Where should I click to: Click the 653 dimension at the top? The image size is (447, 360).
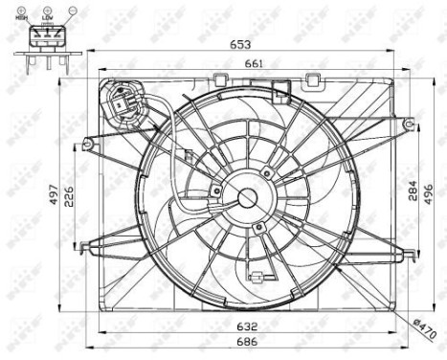click(x=251, y=45)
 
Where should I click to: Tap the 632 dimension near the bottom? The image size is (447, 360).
click(x=249, y=325)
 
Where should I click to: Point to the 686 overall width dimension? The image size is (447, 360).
click(x=249, y=342)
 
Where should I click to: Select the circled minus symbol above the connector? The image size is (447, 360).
click(x=70, y=9)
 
